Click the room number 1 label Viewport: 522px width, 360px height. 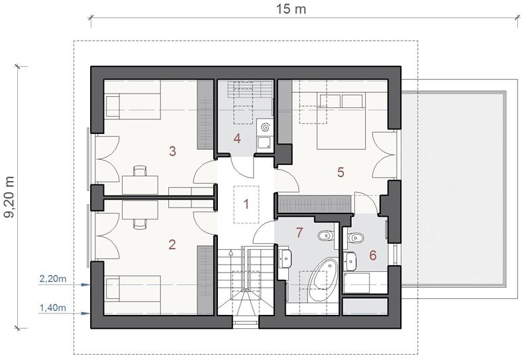[x=246, y=204]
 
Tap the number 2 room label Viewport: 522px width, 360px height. [x=172, y=245]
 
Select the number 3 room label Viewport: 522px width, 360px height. [x=172, y=151]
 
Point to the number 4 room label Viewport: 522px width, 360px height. [x=237, y=139]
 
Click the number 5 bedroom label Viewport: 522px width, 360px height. [x=340, y=172]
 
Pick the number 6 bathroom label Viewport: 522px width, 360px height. [x=373, y=255]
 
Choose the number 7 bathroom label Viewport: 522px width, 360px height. [x=299, y=233]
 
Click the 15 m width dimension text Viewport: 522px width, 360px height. [x=291, y=9]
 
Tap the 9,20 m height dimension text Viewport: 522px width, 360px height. [x=9, y=197]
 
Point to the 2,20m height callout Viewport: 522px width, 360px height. [x=53, y=278]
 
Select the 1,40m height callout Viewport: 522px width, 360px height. [x=53, y=308]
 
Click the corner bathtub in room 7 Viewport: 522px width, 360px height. [x=322, y=275]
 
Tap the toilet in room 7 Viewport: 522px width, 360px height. [x=325, y=236]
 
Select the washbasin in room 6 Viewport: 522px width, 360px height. [x=351, y=261]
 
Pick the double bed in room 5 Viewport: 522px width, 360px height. [x=341, y=121]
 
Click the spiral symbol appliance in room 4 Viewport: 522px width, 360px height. [x=266, y=127]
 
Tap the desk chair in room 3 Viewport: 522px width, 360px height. [x=140, y=170]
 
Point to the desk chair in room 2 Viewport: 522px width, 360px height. [x=140, y=224]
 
